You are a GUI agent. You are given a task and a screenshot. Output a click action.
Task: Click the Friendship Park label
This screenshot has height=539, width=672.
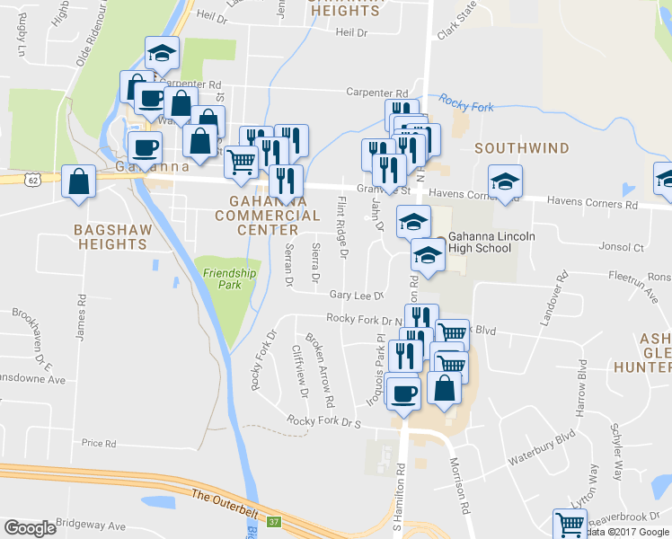coord(230,278)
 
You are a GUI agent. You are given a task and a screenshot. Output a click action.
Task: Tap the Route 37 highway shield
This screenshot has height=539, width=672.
coord(274,521)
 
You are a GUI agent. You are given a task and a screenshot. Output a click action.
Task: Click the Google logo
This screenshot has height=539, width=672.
coord(30,528)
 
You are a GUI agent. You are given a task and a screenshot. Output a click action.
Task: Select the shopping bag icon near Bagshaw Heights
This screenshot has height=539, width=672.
coord(80,181)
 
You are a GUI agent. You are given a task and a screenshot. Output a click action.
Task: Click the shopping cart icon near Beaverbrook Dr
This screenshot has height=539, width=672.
coord(570,524)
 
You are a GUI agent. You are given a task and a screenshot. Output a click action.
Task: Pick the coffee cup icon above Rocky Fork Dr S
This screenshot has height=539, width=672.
coord(403,393)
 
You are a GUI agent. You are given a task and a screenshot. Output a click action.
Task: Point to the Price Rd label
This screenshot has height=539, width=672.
coord(99,443)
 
